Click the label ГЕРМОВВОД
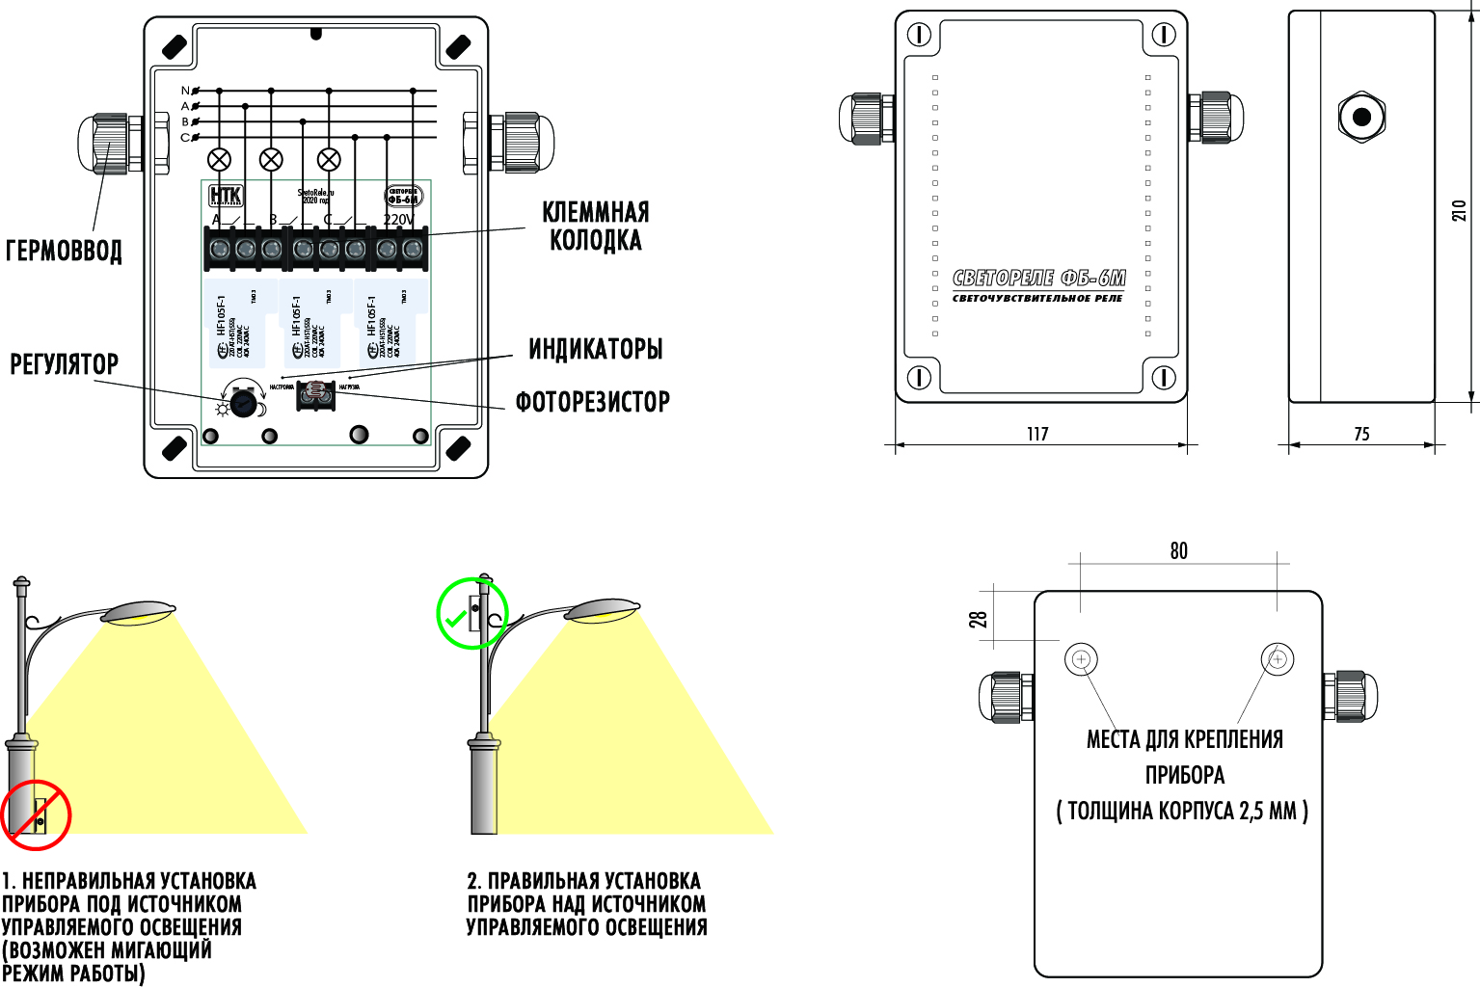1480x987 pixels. [x=64, y=251]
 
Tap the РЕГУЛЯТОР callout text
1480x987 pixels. [x=64, y=364]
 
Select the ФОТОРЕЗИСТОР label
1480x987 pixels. [x=592, y=402]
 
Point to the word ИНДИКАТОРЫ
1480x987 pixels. [x=595, y=349]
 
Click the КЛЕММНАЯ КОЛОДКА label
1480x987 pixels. [x=595, y=226]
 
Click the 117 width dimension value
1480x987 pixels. [x=1037, y=434]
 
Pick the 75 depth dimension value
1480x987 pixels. [x=1361, y=434]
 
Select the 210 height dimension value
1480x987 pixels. [x=1460, y=210]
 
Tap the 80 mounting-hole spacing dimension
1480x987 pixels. [x=1178, y=550]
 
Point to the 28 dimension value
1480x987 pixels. [x=980, y=620]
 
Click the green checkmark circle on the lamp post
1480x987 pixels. [x=471, y=614]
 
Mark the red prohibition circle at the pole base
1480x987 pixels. [x=37, y=814]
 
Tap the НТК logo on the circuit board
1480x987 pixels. [x=227, y=197]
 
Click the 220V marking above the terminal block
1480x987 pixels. [x=398, y=220]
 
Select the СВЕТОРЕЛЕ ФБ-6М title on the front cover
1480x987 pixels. [x=1038, y=279]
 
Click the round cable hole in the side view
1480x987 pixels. [x=1361, y=118]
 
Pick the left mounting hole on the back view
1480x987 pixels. [x=1081, y=660]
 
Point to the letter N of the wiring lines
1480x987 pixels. [x=185, y=91]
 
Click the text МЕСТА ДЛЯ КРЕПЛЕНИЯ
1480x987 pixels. [x=1184, y=739]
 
